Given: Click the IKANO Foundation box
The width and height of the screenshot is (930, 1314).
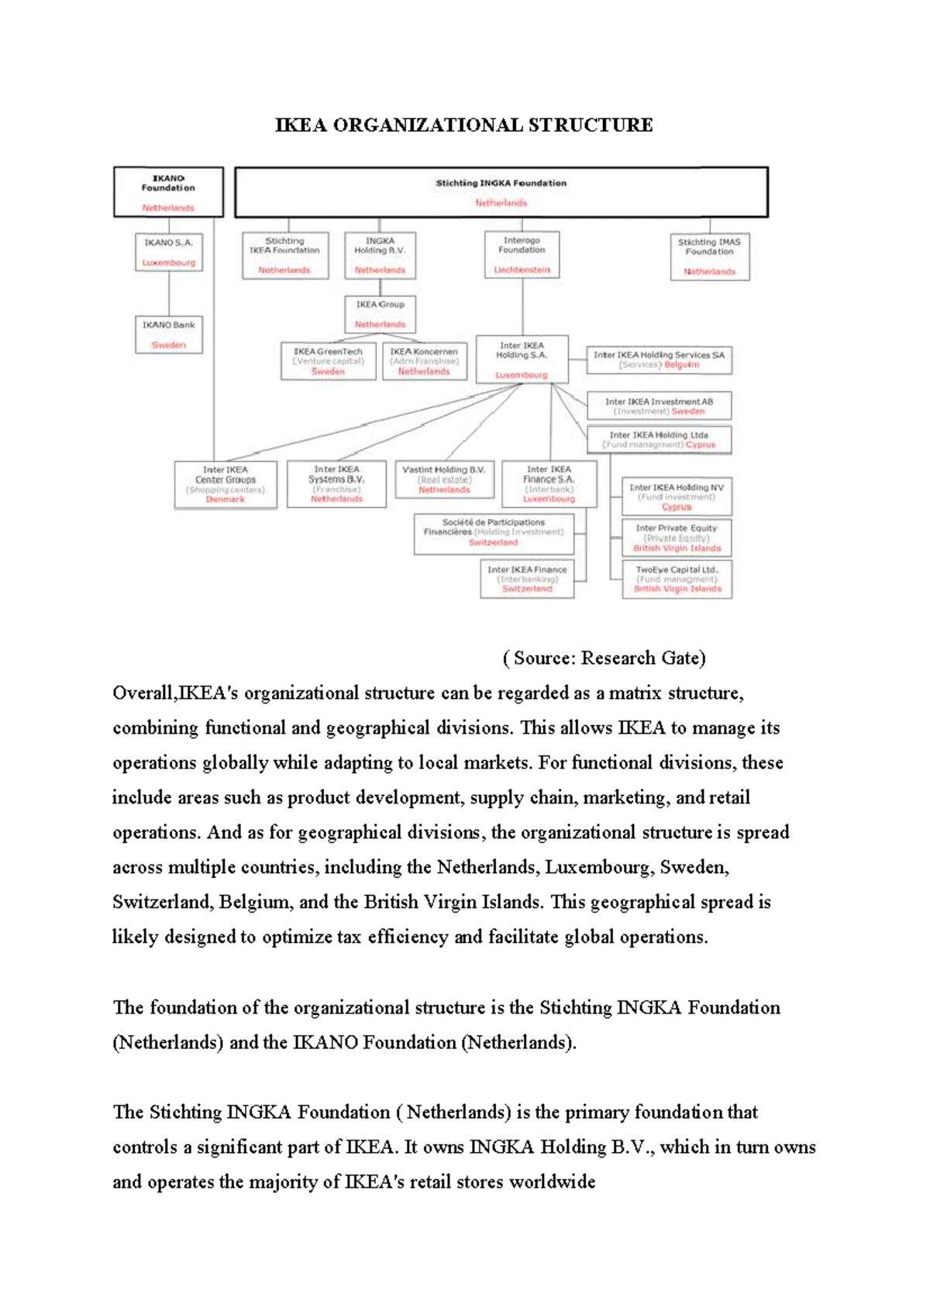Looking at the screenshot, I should (x=168, y=192).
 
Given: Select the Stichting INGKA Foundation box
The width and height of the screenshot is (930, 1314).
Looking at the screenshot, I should (x=501, y=192).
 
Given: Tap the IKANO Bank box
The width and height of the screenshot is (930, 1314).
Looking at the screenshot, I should (x=168, y=335).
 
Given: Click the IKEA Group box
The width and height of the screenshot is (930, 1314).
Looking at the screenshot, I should (x=380, y=314).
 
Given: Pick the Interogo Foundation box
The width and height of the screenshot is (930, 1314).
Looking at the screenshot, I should (x=522, y=255).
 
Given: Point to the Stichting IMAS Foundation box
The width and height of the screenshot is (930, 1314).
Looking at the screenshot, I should (x=709, y=256).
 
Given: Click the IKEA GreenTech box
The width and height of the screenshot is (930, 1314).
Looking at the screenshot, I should (x=328, y=361).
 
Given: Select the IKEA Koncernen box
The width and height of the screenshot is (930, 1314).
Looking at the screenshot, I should (x=424, y=361).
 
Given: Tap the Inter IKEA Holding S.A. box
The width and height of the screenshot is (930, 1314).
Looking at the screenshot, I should (x=522, y=359).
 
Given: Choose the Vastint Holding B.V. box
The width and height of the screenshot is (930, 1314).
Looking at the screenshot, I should (x=444, y=480).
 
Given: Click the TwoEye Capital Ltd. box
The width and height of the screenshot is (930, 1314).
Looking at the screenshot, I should (x=677, y=579).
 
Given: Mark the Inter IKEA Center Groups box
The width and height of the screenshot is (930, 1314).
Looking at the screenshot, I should (x=226, y=484).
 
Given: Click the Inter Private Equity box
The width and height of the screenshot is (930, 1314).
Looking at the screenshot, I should (x=677, y=538).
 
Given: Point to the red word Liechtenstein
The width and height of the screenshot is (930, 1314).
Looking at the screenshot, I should (x=522, y=270).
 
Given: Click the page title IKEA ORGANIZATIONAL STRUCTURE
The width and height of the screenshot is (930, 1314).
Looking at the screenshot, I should (x=463, y=125).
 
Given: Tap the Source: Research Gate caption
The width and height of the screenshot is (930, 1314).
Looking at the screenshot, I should (x=604, y=658).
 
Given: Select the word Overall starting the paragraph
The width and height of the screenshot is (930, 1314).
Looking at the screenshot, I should (x=143, y=693).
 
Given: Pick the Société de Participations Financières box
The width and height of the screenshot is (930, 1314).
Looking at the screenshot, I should (x=493, y=532).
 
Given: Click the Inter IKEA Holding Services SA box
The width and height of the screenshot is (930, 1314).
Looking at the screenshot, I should (x=659, y=359).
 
